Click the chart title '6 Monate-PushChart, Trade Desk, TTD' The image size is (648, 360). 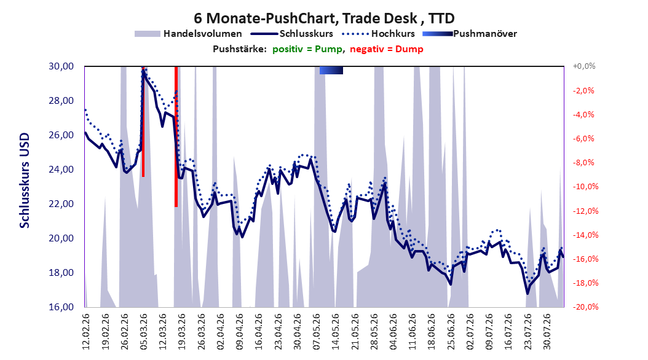pyautogui.click(x=324, y=18)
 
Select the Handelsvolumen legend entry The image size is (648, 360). pyautogui.click(x=189, y=34)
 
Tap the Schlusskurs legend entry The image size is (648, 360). pyautogui.click(x=292, y=34)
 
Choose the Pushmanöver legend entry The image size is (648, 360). pyautogui.click(x=470, y=34)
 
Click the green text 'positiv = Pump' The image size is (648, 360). pyautogui.click(x=307, y=49)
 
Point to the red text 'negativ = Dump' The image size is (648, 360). pyautogui.click(x=387, y=49)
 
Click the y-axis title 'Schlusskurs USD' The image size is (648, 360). pyautogui.click(x=25, y=181)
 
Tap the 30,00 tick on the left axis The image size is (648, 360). pyautogui.click(x=61, y=66)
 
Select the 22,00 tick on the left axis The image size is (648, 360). pyautogui.click(x=61, y=204)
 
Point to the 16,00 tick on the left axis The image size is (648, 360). pyautogui.click(x=61, y=307)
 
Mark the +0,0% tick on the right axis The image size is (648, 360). pyautogui.click(x=584, y=66)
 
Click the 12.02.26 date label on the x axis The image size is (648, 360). pyautogui.click(x=86, y=332)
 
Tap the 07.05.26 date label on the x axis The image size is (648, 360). pyautogui.click(x=317, y=332)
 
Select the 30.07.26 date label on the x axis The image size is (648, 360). pyautogui.click(x=547, y=332)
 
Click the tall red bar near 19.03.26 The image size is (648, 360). pyautogui.click(x=176, y=136)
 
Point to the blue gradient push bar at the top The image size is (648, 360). pyautogui.click(x=331, y=71)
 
